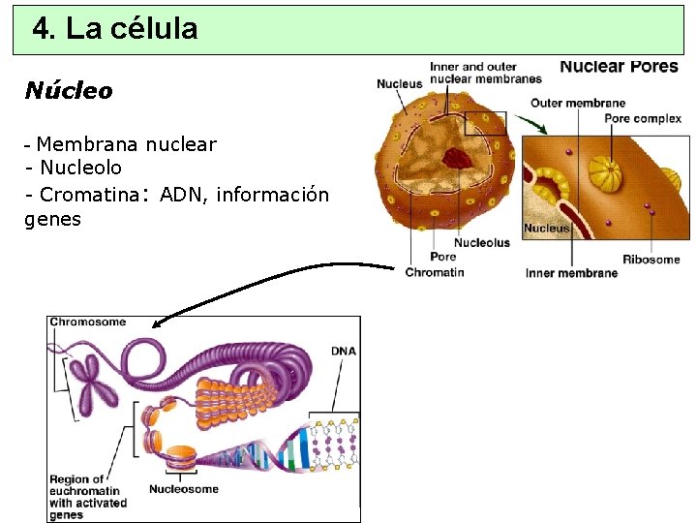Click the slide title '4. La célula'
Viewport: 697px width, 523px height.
click(x=114, y=29)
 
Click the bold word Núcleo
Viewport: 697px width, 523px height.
click(x=68, y=91)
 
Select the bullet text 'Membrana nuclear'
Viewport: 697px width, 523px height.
click(x=126, y=145)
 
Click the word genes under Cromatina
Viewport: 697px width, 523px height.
click(x=52, y=220)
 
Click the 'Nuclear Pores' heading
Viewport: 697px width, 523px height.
click(x=619, y=67)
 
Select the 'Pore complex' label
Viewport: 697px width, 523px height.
click(x=642, y=119)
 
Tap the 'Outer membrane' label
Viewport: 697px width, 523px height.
click(x=578, y=103)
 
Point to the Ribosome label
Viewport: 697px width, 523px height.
click(x=651, y=259)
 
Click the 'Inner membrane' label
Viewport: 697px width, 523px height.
click(x=571, y=273)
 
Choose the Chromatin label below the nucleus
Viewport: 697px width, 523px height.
click(x=435, y=272)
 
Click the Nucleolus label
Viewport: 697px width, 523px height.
click(x=481, y=243)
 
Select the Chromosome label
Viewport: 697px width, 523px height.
click(x=87, y=323)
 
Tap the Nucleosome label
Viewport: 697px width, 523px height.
click(x=184, y=489)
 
